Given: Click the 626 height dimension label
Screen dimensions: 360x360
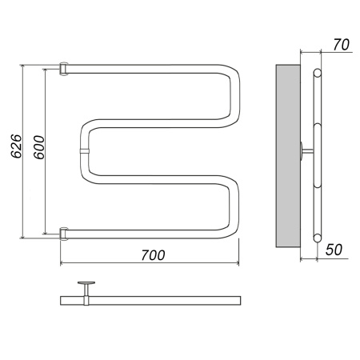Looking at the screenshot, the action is coord(16,146).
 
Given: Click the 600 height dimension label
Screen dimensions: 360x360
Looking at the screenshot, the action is coord(39,147).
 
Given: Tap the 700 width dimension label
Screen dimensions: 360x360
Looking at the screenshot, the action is coord(153,255).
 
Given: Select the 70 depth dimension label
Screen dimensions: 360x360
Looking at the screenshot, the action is coord(341,45).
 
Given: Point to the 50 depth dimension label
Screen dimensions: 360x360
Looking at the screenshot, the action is coord(334,250).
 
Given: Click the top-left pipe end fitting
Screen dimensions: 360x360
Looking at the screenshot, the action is coord(63,69).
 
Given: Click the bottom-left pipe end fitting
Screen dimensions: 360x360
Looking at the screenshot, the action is coord(63,234).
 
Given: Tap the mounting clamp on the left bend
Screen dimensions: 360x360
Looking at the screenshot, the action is coord(84,152).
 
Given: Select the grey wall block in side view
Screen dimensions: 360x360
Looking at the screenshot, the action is coord(288,156).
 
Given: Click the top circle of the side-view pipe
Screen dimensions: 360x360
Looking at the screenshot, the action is coord(318,73).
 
